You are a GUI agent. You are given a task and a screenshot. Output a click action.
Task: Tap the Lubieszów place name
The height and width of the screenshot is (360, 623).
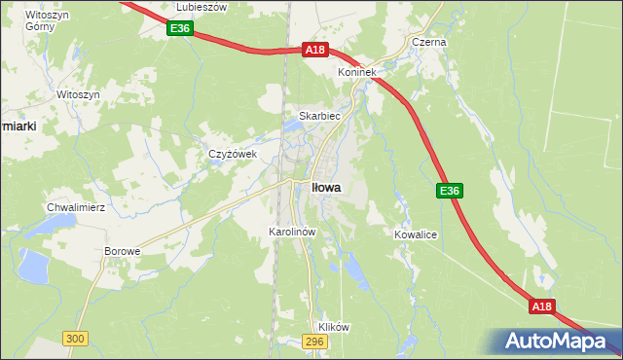[201, 7]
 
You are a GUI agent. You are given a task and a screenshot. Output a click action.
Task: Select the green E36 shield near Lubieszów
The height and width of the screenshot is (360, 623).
[178, 29]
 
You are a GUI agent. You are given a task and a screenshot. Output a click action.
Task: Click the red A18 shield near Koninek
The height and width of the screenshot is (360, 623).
[313, 50]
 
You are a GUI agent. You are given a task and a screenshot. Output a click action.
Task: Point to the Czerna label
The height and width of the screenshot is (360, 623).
[428, 43]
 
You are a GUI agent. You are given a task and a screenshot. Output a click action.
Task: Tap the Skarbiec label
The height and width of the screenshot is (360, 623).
[318, 115]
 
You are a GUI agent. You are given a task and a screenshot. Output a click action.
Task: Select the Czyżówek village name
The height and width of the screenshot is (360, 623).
[232, 154]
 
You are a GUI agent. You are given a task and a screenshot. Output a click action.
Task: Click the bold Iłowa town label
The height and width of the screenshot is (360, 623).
[325, 187]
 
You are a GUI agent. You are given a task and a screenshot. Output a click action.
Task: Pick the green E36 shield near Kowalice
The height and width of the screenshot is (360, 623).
[448, 191]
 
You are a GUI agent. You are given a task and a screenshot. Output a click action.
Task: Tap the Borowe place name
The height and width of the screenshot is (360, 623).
[123, 251]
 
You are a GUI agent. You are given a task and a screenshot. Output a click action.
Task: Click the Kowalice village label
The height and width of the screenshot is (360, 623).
[415, 235]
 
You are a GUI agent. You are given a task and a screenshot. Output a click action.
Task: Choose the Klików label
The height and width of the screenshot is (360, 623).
[333, 327]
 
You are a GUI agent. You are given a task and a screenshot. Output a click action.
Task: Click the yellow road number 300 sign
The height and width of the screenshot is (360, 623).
[75, 338]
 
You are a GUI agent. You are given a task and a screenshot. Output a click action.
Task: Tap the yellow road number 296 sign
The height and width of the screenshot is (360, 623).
[313, 342]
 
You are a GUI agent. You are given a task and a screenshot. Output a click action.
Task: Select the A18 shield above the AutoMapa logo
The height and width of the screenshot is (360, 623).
[542, 306]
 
